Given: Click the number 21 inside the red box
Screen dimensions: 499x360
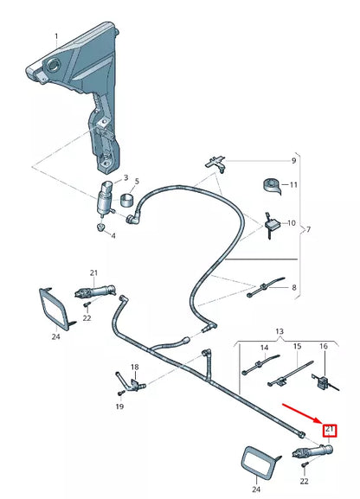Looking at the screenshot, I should [330, 430].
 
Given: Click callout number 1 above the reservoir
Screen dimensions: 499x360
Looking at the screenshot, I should [56, 37].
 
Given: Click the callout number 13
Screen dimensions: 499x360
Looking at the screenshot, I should [280, 331].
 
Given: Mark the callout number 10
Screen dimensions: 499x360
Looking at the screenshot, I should [292, 223].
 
